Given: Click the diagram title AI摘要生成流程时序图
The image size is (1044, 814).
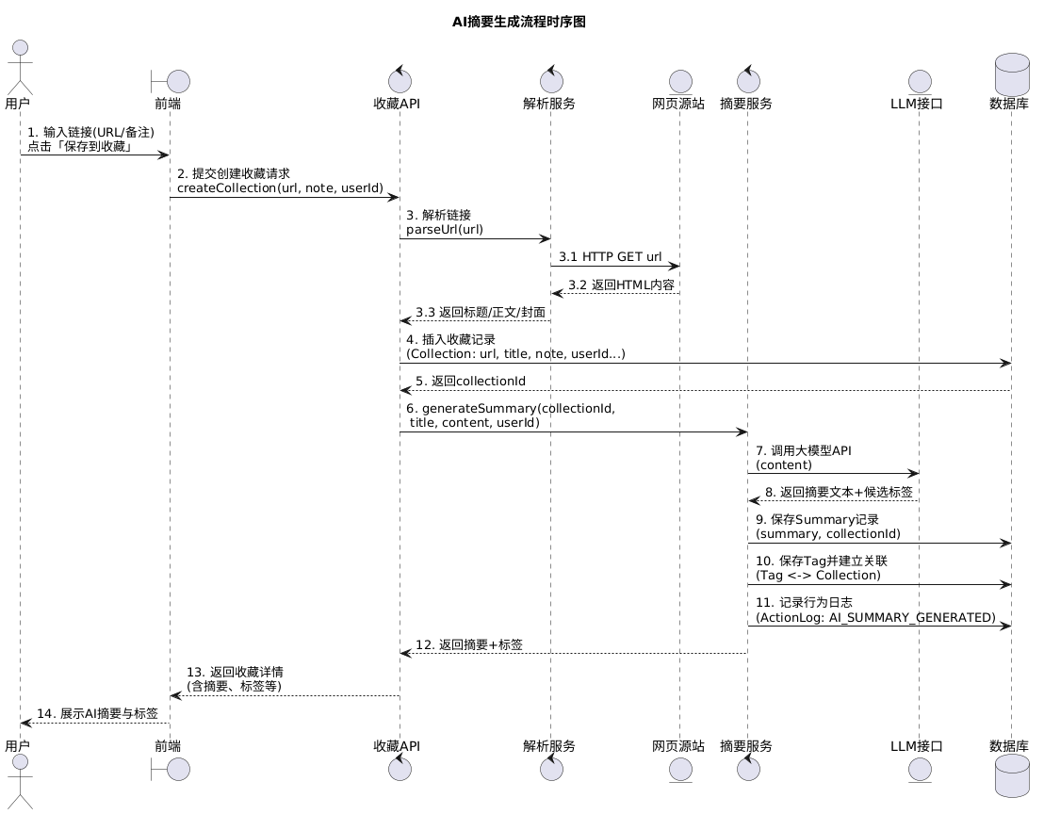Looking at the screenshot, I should [519, 22].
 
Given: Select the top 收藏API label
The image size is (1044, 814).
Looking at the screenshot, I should [397, 104].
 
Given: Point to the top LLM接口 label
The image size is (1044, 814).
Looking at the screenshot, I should [917, 104].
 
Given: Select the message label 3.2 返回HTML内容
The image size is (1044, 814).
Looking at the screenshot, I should [620, 284].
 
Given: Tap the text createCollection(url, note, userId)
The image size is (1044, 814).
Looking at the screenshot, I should [280, 187].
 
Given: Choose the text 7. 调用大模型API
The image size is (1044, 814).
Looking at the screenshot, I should [804, 450].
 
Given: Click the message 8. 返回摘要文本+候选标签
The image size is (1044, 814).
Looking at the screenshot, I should [838, 491].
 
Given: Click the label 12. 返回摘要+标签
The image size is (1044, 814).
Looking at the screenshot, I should [469, 644].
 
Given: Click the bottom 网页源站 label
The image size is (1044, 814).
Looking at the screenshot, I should [678, 745].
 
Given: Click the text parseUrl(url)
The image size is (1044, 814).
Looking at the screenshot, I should [445, 229].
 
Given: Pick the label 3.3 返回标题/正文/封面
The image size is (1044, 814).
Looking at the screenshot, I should [480, 311].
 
